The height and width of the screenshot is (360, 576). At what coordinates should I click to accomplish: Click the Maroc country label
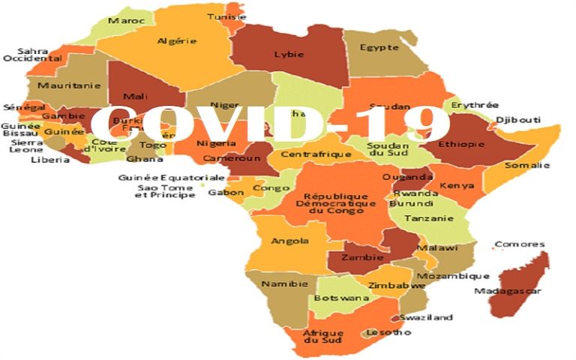click(126, 20)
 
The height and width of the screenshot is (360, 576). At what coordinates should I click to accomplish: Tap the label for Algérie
click(177, 41)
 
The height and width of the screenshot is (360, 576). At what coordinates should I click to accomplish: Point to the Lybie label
click(289, 55)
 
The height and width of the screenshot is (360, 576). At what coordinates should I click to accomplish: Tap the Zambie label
click(358, 256)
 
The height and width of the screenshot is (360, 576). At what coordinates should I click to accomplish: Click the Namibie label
click(280, 284)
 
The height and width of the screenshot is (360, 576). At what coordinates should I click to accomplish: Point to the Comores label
click(519, 244)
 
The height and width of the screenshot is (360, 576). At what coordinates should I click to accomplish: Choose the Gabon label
click(226, 193)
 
